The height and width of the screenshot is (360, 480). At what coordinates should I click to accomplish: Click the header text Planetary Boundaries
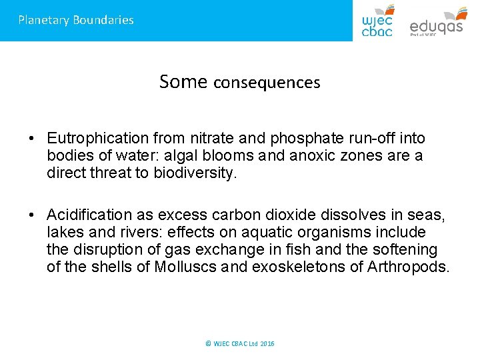[76, 20]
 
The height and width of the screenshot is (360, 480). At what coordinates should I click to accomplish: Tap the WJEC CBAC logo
[377, 21]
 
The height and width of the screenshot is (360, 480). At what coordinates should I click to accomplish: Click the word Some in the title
[183, 82]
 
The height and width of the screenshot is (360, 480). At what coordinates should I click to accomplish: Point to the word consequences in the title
[267, 83]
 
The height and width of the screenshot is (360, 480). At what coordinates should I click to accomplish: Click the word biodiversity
[197, 173]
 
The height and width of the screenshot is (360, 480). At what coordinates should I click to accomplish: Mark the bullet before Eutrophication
[32, 139]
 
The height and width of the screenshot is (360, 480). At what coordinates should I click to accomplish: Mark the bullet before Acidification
[32, 215]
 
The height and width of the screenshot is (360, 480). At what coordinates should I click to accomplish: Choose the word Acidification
[90, 215]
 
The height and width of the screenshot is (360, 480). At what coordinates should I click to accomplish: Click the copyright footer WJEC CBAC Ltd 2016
[240, 343]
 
